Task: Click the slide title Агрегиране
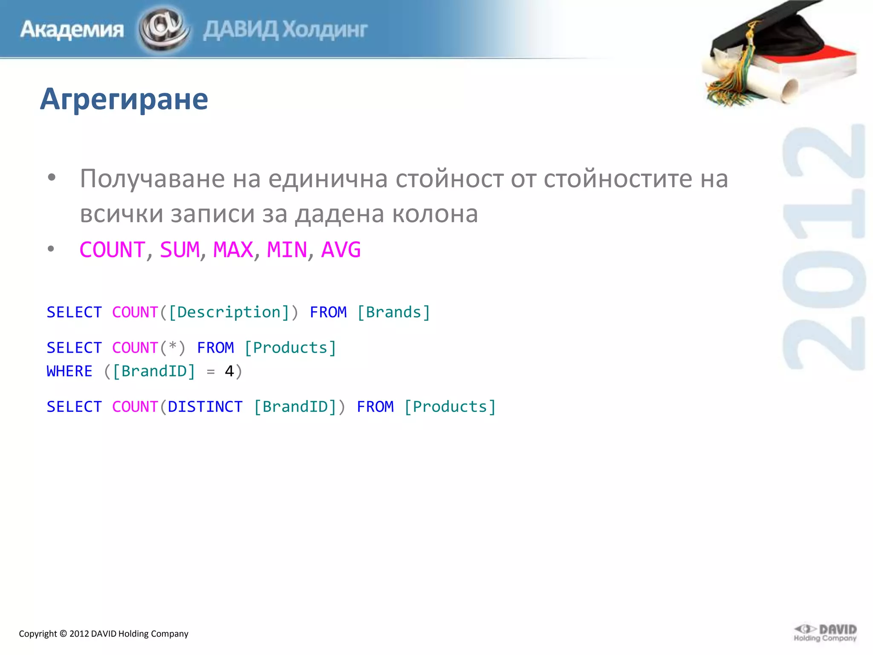(x=124, y=99)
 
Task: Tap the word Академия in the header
(x=72, y=30)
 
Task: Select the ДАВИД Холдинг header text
(x=285, y=30)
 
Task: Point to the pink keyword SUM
(x=179, y=250)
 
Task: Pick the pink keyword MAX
(x=233, y=250)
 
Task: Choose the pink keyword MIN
(x=286, y=250)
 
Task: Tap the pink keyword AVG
(x=341, y=250)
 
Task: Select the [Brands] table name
(x=393, y=313)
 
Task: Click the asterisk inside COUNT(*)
(x=172, y=347)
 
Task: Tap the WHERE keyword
(x=69, y=371)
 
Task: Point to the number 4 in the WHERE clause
(x=229, y=371)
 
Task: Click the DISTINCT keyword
(x=205, y=407)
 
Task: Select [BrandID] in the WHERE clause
(x=153, y=371)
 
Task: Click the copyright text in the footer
(x=104, y=634)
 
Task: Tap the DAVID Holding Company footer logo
(x=825, y=633)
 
